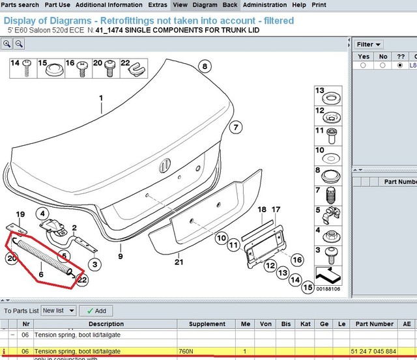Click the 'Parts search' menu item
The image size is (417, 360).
click(x=20, y=5)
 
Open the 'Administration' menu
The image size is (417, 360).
click(x=265, y=5)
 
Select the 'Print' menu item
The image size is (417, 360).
click(x=319, y=5)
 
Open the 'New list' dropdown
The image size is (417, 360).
click(x=59, y=311)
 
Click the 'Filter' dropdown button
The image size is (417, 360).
click(x=369, y=44)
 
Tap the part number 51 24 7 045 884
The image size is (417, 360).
click(x=372, y=352)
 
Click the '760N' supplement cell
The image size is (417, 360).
click(x=188, y=352)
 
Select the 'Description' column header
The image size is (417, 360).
click(x=106, y=324)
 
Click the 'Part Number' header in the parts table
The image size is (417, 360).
click(x=372, y=324)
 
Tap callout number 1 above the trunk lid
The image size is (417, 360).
click(x=101, y=99)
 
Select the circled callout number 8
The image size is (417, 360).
click(x=205, y=66)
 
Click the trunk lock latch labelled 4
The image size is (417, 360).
click(x=52, y=226)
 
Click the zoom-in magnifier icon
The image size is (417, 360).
click(x=7, y=44)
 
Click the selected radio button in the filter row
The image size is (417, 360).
click(x=399, y=65)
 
